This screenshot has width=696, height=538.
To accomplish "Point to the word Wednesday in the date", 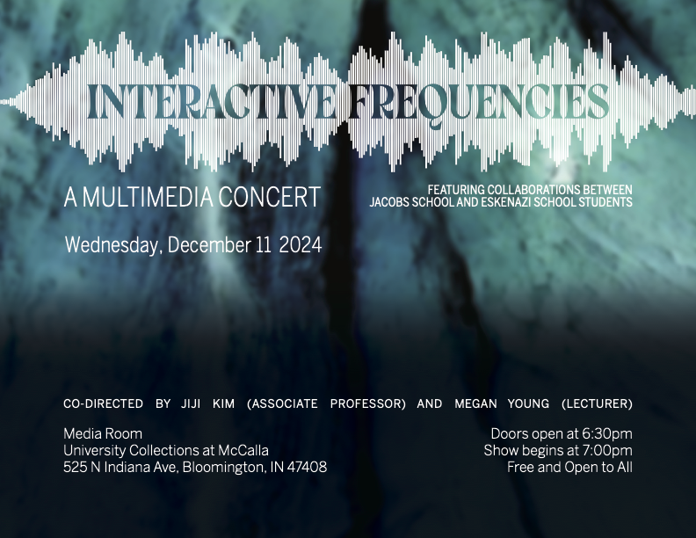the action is [111, 245].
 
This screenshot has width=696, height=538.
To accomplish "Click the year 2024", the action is [301, 245].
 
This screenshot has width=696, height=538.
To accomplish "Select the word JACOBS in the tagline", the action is [388, 202].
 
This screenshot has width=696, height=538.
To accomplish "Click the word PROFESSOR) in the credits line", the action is [368, 404].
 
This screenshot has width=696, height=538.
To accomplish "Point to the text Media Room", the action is [103, 433].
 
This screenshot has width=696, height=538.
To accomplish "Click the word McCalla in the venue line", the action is [243, 451].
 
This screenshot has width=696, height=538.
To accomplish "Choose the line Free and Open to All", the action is [570, 468].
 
